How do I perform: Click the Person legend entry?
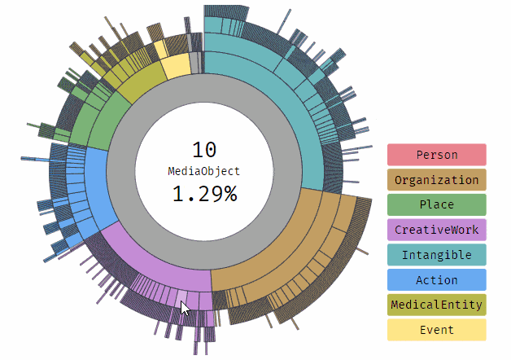coord(436,155)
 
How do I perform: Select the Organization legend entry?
coord(436,180)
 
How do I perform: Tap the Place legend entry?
coord(436,204)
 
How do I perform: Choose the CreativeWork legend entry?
coord(436,230)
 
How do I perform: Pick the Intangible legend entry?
coord(436,255)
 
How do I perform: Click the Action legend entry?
coord(436,280)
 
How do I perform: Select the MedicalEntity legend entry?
coord(436,305)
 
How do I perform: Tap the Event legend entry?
coord(436,330)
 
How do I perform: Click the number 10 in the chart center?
coord(204,150)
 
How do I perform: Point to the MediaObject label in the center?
coord(204,171)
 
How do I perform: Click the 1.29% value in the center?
coord(204,194)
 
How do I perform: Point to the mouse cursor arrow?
coord(185,308)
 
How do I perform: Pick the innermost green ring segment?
coord(110,122)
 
